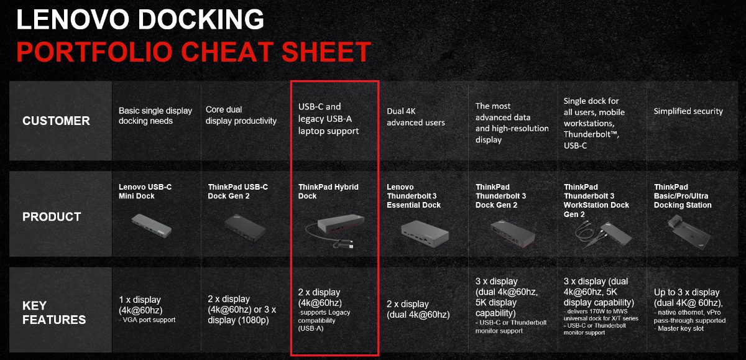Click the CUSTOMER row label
(56, 121)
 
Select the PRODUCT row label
(52, 217)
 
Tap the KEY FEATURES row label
(54, 312)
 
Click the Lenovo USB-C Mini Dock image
(152, 226)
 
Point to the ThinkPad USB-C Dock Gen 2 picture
(245, 228)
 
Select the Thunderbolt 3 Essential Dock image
(425, 233)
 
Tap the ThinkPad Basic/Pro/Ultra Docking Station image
(689, 231)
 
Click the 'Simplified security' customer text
(688, 111)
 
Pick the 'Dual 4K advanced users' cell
(416, 117)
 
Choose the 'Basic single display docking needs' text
(155, 116)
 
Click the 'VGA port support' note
(147, 320)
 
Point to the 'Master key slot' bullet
(679, 329)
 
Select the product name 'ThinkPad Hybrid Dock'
(328, 192)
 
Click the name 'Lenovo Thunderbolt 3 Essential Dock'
(413, 196)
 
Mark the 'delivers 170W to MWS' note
(596, 312)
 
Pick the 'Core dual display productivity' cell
(241, 115)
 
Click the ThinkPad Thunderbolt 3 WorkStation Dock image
(603, 235)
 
